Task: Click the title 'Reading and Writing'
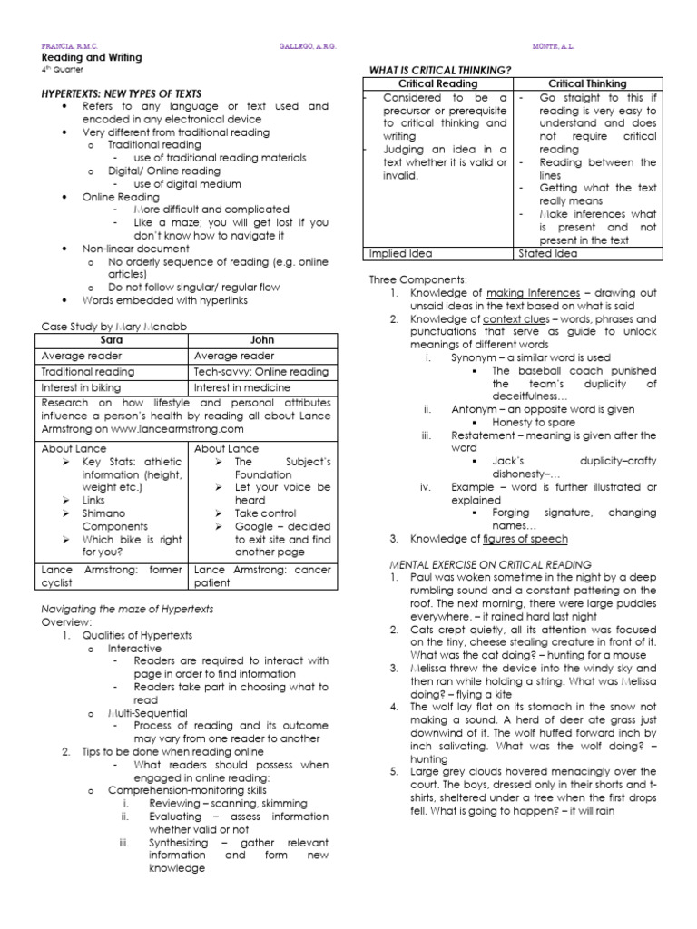tap(91, 57)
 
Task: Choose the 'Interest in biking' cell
tap(82, 387)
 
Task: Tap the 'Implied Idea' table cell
tap(400, 253)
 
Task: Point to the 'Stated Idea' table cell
tap(546, 253)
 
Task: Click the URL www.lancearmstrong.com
tap(187, 427)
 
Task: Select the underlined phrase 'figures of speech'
tap(525, 538)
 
